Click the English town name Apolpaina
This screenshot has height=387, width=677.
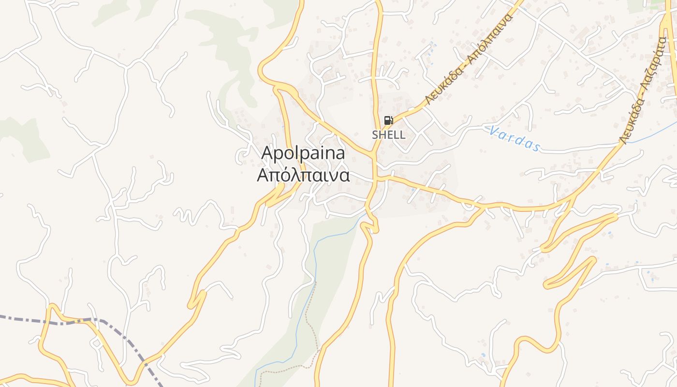click(303, 153)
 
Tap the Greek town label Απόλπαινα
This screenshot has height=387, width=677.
click(303, 175)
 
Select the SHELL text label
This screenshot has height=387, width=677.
click(388, 135)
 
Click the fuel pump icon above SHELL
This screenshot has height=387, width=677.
click(388, 120)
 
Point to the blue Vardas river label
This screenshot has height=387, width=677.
click(515, 139)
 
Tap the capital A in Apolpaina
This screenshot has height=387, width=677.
click(267, 153)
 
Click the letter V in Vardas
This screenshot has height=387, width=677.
click(494, 130)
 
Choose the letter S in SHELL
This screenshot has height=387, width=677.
click(375, 135)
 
